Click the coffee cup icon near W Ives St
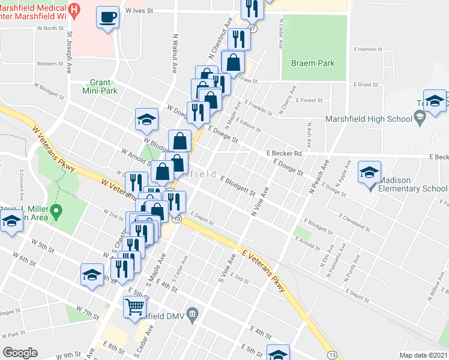(x=107, y=17)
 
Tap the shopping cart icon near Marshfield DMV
(x=134, y=307)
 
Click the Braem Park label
(x=312, y=63)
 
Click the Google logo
(x=20, y=353)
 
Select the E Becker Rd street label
(x=284, y=154)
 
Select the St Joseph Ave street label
(x=69, y=52)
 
